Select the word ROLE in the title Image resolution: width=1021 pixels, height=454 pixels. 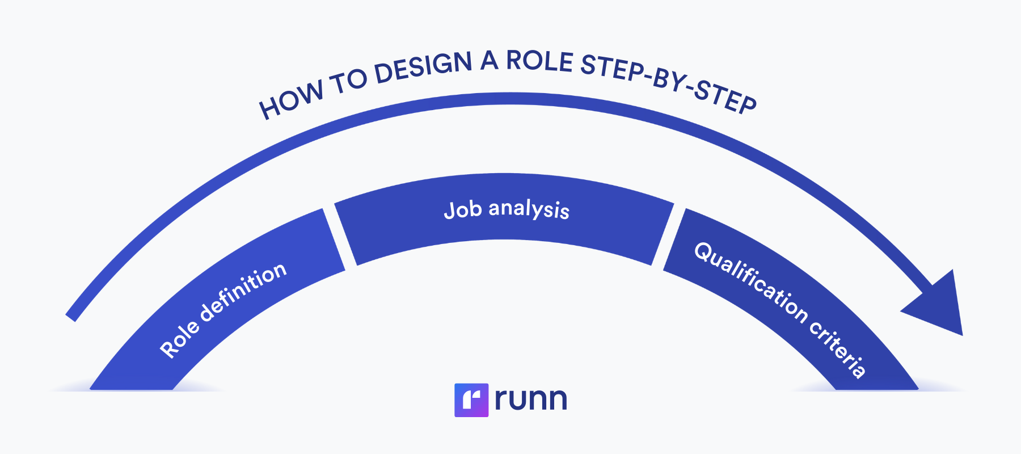point(539,61)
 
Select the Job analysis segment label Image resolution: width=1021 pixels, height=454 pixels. point(507,209)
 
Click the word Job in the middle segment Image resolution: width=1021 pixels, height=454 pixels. point(463,210)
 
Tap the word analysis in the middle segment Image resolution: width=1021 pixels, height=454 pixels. point(529,209)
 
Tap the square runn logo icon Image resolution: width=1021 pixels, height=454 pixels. point(471,400)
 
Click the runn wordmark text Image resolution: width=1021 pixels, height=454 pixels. point(530,400)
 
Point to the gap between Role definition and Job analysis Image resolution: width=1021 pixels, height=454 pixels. point(340,235)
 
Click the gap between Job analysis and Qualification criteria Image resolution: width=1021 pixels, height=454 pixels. point(663,236)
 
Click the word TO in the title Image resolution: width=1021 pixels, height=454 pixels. point(348,83)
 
